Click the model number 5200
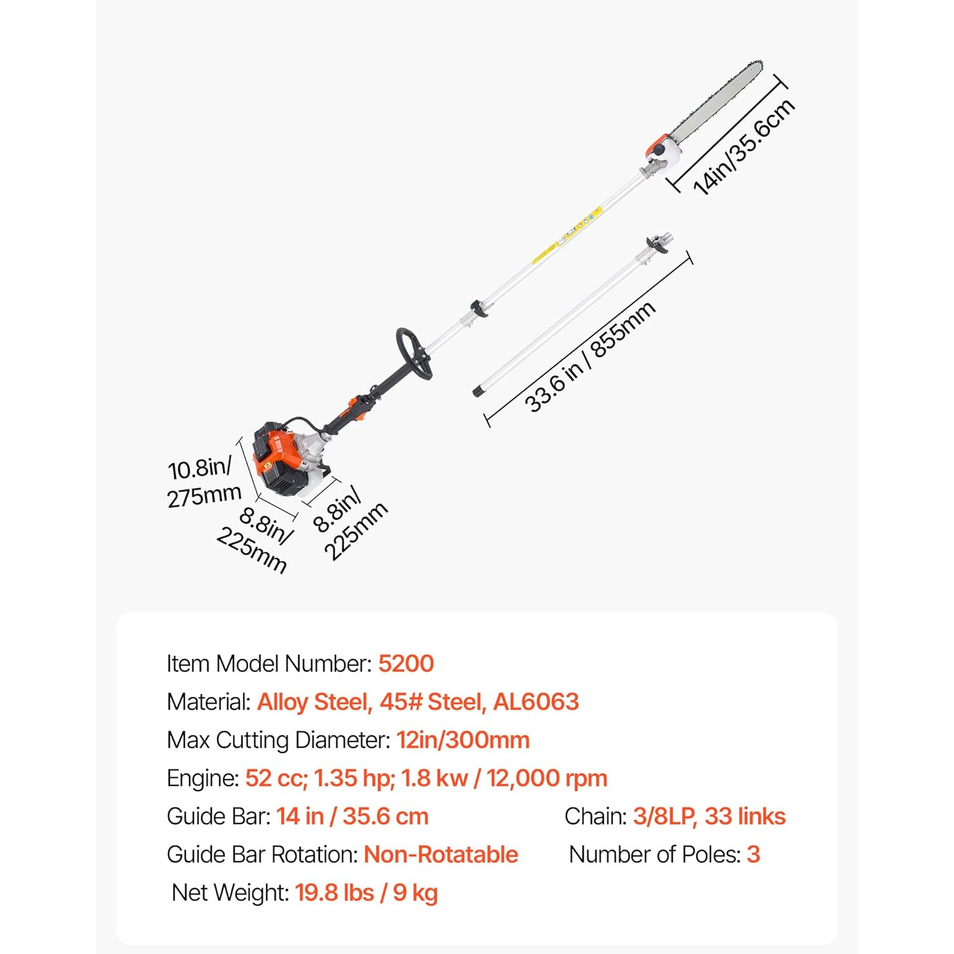click(x=406, y=664)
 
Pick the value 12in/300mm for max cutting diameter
click(x=463, y=740)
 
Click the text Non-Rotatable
click(x=441, y=855)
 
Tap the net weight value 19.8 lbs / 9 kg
click(x=366, y=893)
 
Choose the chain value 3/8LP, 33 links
click(x=709, y=817)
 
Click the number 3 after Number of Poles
click(x=754, y=855)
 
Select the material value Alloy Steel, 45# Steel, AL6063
click(x=418, y=702)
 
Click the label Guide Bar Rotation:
click(x=263, y=855)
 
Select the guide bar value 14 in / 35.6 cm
click(x=352, y=817)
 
